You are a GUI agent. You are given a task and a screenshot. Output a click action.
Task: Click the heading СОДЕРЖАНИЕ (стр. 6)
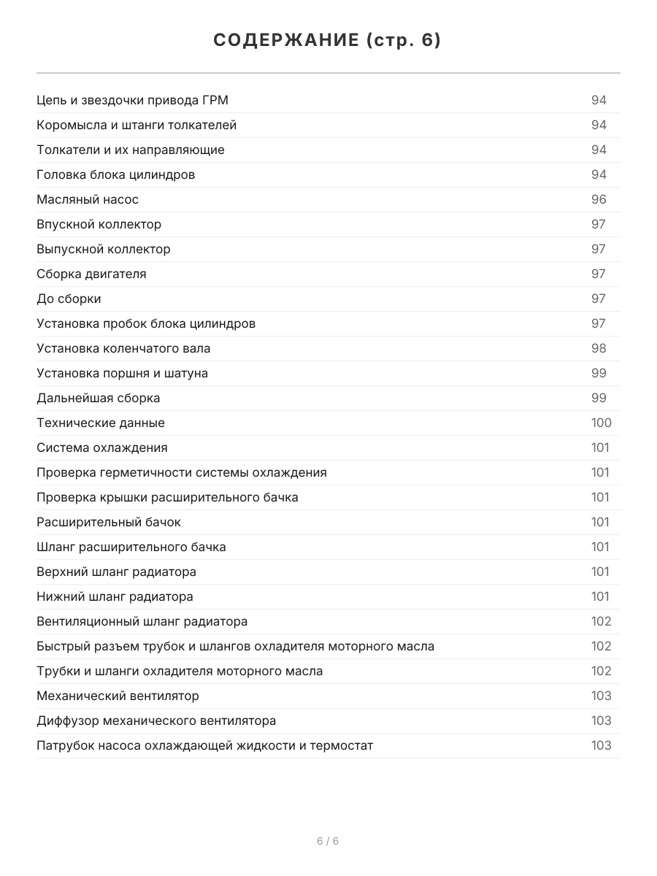328,41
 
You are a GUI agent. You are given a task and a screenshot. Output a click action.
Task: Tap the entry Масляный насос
88,199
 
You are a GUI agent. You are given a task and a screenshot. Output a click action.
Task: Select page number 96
599,199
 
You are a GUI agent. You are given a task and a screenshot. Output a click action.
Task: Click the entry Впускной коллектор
99,224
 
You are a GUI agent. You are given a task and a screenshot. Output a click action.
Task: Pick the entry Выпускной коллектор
104,249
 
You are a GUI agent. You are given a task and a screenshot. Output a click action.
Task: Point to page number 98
599,348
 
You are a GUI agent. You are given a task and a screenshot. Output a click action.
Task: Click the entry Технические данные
101,423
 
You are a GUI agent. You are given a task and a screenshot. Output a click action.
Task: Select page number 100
601,423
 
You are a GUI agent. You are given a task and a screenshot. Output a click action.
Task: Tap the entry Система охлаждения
102,447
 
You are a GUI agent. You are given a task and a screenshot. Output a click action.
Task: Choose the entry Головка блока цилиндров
115,174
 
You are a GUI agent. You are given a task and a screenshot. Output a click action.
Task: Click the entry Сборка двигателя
91,274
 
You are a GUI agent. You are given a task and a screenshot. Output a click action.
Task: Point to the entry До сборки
69,299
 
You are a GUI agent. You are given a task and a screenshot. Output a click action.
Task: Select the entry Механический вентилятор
118,696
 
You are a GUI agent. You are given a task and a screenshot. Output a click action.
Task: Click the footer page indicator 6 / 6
328,841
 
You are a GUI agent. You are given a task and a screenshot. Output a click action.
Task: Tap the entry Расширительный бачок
109,522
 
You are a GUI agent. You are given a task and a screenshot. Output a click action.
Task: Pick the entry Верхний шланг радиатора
116,572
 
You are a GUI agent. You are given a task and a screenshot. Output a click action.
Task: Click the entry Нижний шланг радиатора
115,596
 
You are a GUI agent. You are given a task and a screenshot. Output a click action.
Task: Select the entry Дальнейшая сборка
98,398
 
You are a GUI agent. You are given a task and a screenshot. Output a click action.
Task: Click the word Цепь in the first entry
50,100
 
